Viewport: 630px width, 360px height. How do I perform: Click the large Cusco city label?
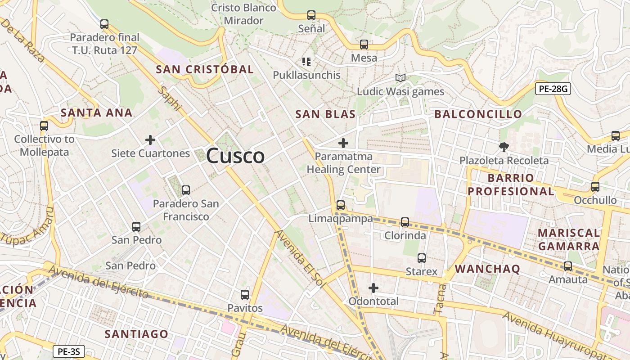[235, 156]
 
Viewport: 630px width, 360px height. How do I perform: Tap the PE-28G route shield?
[553, 89]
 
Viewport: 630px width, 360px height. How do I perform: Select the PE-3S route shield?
[69, 351]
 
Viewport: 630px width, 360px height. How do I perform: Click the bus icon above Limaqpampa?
[341, 205]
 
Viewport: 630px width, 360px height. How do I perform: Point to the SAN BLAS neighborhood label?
[325, 114]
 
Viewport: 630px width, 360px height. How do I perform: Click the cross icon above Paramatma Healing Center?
[343, 144]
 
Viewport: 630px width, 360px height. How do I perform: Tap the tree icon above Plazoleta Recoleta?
[504, 147]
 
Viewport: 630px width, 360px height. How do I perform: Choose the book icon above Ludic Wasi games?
[400, 78]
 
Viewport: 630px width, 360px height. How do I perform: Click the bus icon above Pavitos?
[245, 295]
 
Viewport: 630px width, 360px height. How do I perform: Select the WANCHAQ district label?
[487, 269]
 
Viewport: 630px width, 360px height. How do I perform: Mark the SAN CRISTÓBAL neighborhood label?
[205, 69]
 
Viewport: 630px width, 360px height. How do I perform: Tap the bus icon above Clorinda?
[405, 222]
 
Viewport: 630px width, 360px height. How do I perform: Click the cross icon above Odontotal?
[373, 288]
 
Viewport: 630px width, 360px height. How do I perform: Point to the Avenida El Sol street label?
[299, 256]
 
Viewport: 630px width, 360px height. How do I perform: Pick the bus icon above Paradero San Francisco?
[186, 190]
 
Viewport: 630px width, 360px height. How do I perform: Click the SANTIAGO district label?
[136, 334]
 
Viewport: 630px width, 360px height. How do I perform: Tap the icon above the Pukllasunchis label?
[306, 62]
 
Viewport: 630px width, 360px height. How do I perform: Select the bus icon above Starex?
[422, 258]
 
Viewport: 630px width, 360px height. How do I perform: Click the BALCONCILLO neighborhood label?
[478, 114]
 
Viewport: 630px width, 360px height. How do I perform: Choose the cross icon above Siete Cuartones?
[150, 140]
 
